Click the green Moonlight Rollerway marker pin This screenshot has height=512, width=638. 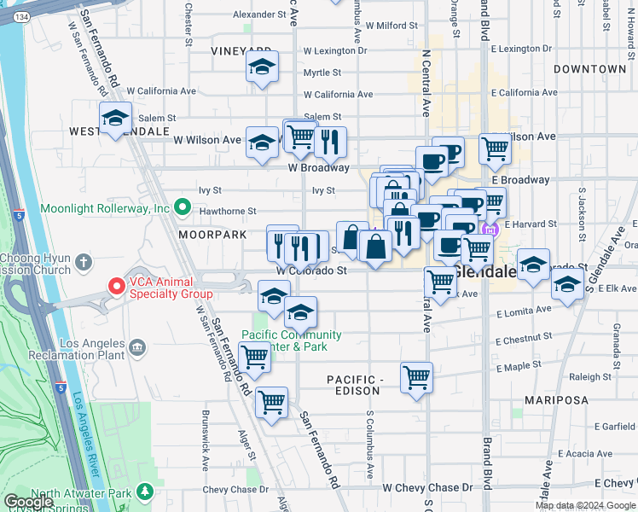[182, 207]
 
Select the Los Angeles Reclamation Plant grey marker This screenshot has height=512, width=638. [136, 348]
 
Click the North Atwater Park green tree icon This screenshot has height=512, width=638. [145, 492]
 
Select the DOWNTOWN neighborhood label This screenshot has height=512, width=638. [589, 68]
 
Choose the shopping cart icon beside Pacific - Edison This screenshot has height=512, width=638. [416, 377]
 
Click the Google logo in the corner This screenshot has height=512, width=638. [28, 502]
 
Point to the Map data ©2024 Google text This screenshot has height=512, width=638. [585, 505]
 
